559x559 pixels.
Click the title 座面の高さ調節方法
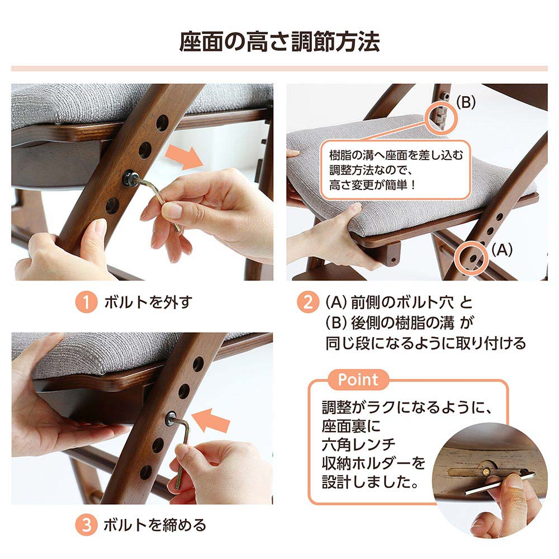279,42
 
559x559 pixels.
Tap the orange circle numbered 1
86,302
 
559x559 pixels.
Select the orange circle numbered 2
307,302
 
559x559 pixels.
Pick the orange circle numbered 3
86,525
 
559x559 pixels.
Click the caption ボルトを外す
148,302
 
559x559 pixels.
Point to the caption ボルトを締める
155,525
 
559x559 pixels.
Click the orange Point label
358,380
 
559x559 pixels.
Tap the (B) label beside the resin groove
466,103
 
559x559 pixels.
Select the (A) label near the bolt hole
502,249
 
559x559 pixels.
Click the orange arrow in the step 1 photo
184,157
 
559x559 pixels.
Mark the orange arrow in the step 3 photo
211,420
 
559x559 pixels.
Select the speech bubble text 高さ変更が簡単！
372,185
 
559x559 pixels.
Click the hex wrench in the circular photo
500,484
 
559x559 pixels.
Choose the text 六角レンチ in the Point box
359,444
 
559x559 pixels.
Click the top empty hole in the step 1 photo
162,123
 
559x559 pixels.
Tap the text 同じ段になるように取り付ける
425,343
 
